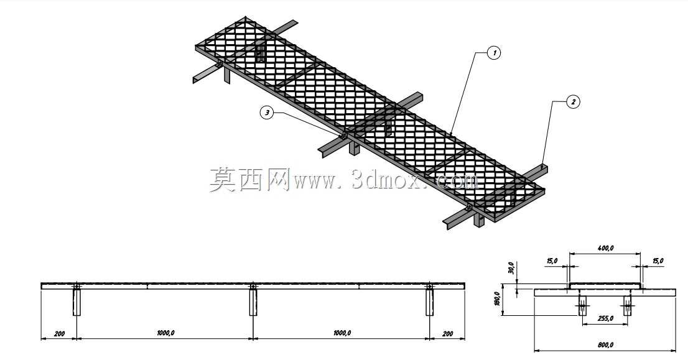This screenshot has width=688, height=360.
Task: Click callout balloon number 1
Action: (x=494, y=53)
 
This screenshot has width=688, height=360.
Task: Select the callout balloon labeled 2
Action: (x=572, y=102)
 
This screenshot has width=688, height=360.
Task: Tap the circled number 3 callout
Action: (x=267, y=113)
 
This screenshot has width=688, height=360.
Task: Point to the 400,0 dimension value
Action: (x=605, y=248)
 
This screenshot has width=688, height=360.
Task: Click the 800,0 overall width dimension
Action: (x=605, y=344)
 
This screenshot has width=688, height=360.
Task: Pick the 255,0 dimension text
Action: (x=605, y=318)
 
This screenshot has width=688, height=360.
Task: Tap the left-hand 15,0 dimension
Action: (x=552, y=261)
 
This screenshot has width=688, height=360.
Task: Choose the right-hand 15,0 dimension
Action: (x=658, y=261)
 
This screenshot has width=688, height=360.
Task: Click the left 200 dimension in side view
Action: (x=59, y=334)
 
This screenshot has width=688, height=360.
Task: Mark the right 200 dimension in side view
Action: (x=447, y=334)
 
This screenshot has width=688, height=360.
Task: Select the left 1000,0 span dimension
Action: (x=165, y=333)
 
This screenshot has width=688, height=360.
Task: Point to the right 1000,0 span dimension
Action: (x=342, y=333)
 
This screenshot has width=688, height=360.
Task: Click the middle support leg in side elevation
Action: (x=253, y=302)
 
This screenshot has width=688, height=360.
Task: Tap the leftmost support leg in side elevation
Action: (x=77, y=302)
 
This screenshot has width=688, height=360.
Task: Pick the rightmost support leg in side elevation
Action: (x=430, y=302)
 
